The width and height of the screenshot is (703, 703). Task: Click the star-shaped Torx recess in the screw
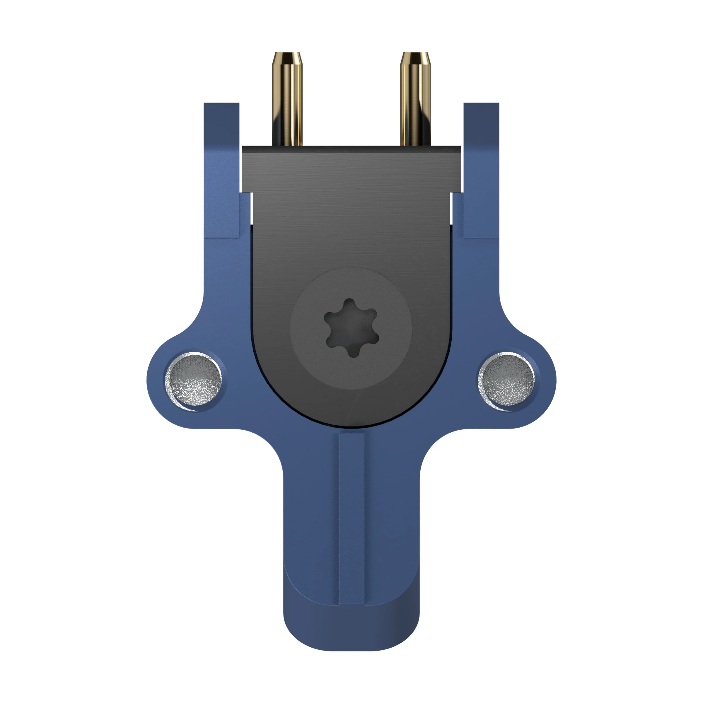coord(351,327)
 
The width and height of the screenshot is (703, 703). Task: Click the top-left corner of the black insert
coord(243,148)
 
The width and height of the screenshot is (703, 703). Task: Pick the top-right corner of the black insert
coord(460,148)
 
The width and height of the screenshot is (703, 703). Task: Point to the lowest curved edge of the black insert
coord(351,426)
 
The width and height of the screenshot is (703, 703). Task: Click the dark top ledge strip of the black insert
coord(351,149)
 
